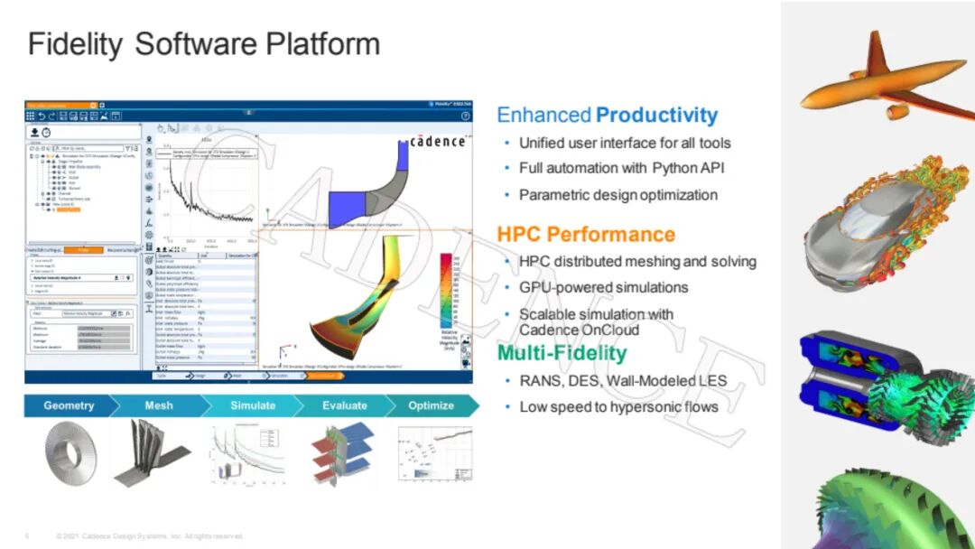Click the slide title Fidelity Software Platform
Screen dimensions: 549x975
click(x=203, y=44)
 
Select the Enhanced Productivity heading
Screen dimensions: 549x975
click(x=607, y=116)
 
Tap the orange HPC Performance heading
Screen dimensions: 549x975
click(x=586, y=235)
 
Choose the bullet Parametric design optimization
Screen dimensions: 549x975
click(x=617, y=194)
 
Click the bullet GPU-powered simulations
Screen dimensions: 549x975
click(x=603, y=287)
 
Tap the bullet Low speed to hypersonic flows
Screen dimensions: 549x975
click(x=618, y=406)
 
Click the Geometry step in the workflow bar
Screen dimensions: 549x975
click(x=69, y=405)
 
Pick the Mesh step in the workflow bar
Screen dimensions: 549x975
click(x=159, y=405)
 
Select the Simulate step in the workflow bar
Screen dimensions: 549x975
click(x=253, y=405)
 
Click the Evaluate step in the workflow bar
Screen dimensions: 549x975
click(x=345, y=405)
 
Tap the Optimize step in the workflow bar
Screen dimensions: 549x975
click(x=431, y=405)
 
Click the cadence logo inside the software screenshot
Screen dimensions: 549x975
click(x=437, y=142)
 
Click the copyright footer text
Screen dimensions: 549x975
click(x=149, y=536)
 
